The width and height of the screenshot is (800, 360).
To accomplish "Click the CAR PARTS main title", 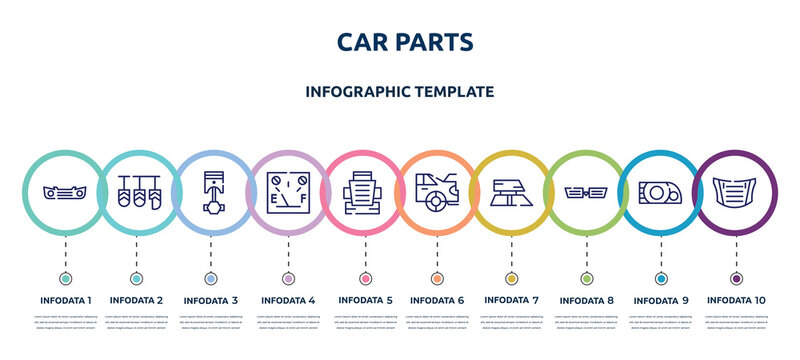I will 400,41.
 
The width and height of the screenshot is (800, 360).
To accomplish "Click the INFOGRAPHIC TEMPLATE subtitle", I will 400,91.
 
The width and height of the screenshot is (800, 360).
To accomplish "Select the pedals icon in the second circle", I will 136,190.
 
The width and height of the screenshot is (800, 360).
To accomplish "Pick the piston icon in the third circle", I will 211,190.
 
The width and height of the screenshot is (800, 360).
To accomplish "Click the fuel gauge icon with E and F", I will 288,190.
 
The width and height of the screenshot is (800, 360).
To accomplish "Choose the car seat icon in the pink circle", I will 364,190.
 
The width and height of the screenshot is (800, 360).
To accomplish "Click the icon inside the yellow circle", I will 511,190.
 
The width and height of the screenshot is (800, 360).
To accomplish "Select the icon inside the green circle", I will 586,191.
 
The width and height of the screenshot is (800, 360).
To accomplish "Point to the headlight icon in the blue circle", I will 661,190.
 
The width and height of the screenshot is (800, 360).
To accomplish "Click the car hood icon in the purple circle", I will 736,190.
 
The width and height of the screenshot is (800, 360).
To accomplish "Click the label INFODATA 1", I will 65,299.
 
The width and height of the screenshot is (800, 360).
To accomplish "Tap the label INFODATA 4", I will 288,299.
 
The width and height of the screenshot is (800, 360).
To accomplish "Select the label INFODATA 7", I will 511,299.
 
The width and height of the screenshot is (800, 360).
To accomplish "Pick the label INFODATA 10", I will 736,299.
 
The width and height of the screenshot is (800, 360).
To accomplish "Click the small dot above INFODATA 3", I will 211,278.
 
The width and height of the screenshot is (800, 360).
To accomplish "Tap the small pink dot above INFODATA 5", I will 364,278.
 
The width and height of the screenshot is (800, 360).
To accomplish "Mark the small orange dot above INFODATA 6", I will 437,278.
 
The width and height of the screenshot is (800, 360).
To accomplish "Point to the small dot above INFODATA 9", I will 661,278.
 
